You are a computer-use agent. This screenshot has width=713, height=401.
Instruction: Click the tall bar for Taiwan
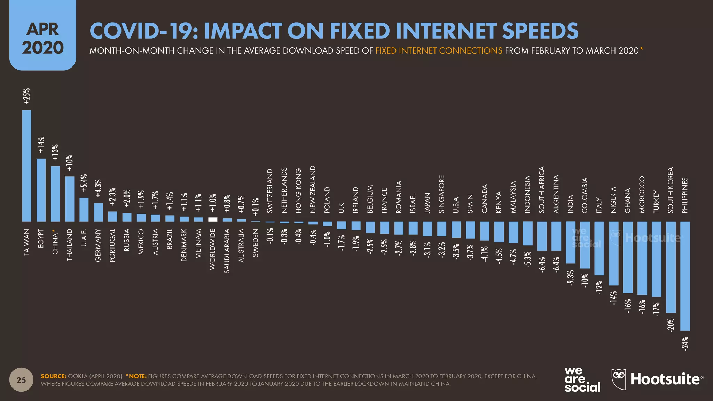27,166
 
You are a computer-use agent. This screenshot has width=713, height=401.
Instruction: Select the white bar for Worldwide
213,220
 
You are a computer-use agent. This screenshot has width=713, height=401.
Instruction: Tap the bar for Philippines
685,276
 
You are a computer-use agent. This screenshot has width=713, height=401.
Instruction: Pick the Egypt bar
41,190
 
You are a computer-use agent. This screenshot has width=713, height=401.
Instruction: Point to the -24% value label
685,343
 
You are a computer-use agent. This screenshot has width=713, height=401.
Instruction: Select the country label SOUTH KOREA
671,190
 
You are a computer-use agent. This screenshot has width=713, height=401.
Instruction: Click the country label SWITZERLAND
270,191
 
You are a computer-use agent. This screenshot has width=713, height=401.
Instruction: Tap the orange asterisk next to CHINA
54,231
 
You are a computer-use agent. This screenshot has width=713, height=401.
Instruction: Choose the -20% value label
671,324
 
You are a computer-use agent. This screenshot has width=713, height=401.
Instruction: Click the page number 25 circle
21,380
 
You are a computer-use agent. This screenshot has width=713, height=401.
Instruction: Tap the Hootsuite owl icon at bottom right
619,379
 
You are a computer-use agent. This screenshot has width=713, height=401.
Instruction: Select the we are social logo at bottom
582,379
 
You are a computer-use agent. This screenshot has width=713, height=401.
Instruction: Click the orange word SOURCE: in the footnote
53,376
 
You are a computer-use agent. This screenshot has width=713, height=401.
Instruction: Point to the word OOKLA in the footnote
78,376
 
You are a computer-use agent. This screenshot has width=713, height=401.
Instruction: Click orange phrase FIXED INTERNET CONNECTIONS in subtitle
439,51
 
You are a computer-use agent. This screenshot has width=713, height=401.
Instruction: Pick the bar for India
570,242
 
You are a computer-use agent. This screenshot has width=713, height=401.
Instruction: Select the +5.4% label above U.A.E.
84,183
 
